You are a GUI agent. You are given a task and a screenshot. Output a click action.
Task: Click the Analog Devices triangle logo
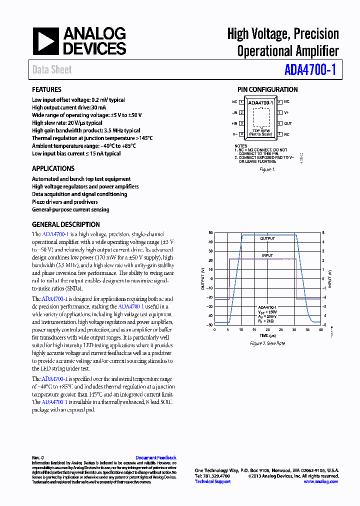click(x=46, y=41)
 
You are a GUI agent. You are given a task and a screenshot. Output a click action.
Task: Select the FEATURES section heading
click(x=46, y=89)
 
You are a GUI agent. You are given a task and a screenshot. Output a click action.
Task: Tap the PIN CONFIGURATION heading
click(x=267, y=89)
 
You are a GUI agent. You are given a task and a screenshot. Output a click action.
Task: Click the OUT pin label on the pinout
click(x=288, y=123)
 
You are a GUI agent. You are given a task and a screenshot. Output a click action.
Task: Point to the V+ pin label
click(x=286, y=113)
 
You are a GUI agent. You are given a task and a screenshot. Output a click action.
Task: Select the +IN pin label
click(x=234, y=123)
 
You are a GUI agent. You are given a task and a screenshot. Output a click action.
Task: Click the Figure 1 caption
click(x=267, y=169)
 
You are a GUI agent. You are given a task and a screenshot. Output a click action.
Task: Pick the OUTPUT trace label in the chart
click(x=267, y=239)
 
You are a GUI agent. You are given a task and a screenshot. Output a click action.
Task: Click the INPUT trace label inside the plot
click(x=267, y=255)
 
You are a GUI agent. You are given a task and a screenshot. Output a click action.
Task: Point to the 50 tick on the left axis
click(x=210, y=233)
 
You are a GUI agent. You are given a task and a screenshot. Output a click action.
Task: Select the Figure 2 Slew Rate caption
click(x=267, y=344)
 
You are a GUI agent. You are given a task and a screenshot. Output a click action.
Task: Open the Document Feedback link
click(x=156, y=457)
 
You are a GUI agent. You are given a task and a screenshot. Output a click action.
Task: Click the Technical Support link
click(x=212, y=481)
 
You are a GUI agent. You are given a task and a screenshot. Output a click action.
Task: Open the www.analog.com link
click(x=321, y=481)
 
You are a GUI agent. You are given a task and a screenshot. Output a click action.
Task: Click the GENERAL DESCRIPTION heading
click(x=66, y=224)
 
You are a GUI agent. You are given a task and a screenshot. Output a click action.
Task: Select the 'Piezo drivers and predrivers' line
click(x=65, y=202)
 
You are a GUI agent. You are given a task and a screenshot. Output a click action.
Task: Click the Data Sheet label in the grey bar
click(x=52, y=70)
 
